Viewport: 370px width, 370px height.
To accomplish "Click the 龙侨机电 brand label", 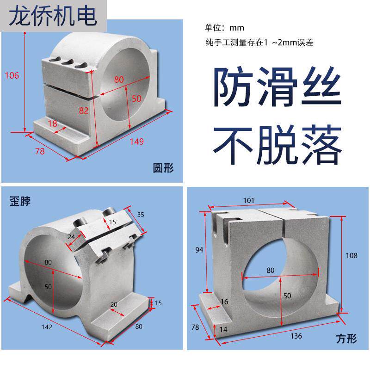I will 54,16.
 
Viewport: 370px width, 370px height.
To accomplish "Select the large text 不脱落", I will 277,144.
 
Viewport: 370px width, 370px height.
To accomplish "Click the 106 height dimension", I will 12,75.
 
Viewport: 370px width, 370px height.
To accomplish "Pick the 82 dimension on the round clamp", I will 84,111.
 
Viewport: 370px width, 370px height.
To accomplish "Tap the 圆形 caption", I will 163,167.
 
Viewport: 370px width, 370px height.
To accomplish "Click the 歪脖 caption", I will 20,202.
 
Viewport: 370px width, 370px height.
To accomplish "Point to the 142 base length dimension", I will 47,327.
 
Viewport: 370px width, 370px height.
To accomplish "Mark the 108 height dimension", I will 352,255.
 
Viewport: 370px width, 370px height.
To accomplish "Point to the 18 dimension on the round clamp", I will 52,123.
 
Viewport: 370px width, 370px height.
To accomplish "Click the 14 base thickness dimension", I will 223,329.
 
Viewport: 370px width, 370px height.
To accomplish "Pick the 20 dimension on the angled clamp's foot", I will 114,305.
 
